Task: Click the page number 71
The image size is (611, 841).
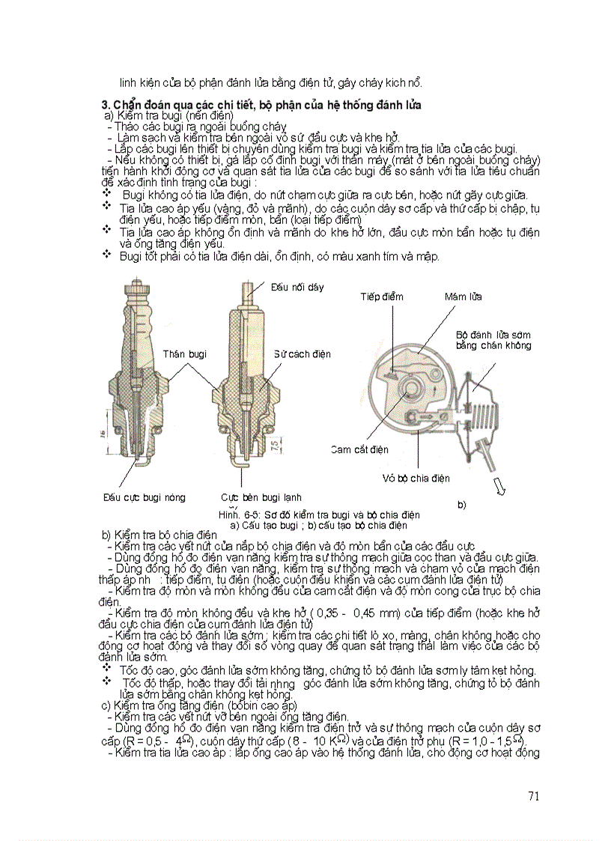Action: coord(533,796)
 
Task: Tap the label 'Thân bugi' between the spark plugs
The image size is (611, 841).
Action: coord(184,353)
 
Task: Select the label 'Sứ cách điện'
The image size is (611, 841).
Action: coord(302,353)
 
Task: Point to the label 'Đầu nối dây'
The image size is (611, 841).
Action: coord(297,287)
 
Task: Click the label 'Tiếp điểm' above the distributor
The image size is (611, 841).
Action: coord(381,297)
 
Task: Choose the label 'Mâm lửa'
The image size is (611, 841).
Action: coord(463,297)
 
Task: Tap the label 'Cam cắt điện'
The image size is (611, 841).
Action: coord(359,449)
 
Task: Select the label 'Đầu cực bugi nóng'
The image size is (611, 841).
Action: coord(144,497)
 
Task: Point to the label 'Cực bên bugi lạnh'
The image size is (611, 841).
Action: coord(261,497)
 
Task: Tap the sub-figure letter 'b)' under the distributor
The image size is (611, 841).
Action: coord(461,505)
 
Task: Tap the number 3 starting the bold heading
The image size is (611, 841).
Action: coord(105,106)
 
